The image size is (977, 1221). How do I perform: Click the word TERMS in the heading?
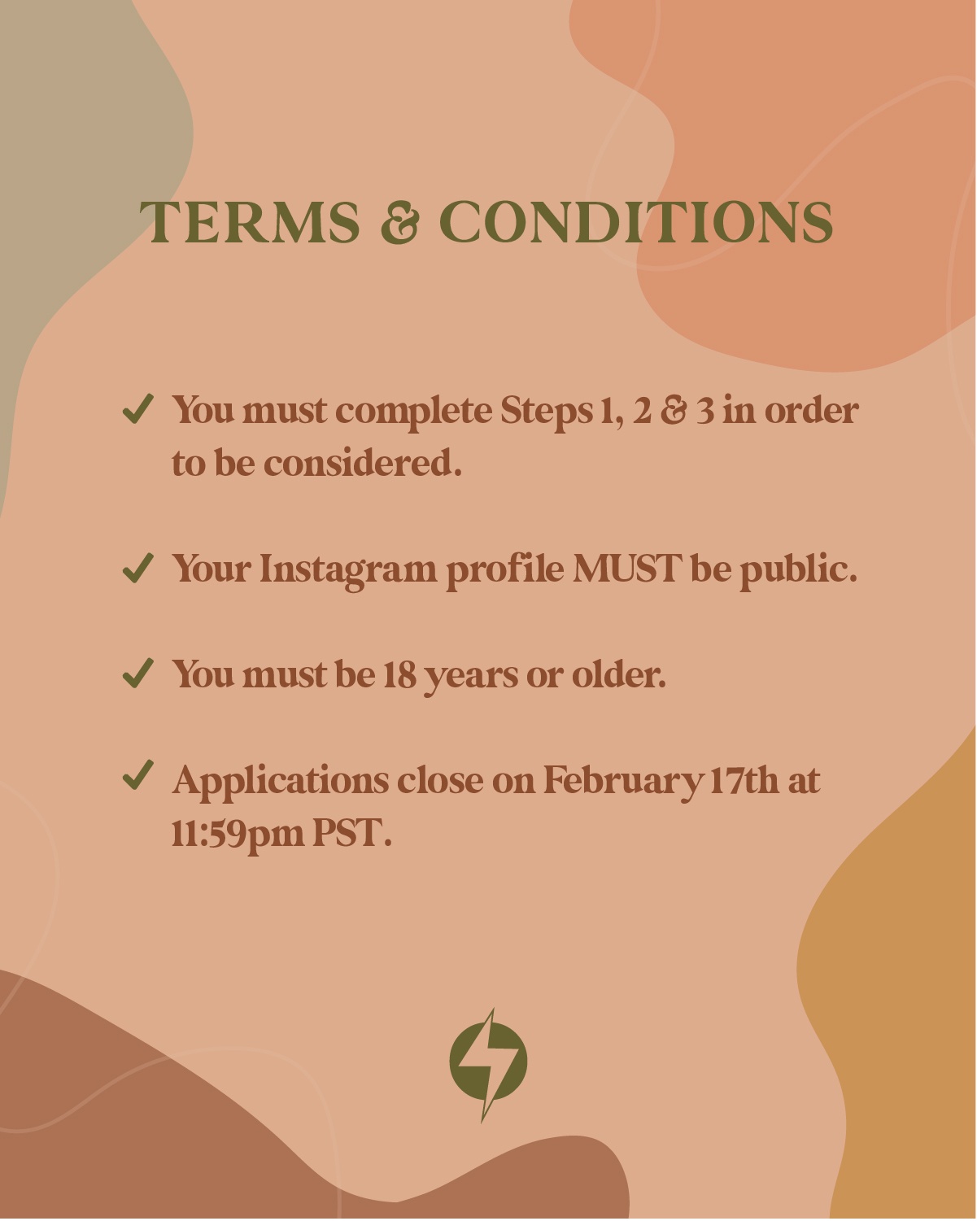click(250, 222)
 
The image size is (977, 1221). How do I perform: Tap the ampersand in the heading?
click(399, 222)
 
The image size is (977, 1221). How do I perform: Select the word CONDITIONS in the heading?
click(636, 222)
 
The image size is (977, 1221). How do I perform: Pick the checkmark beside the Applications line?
click(137, 775)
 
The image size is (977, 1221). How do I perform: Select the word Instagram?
click(348, 569)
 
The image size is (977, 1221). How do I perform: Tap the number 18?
click(399, 674)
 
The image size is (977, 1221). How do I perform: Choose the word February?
click(622, 783)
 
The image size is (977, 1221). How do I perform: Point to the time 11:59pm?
click(238, 835)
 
